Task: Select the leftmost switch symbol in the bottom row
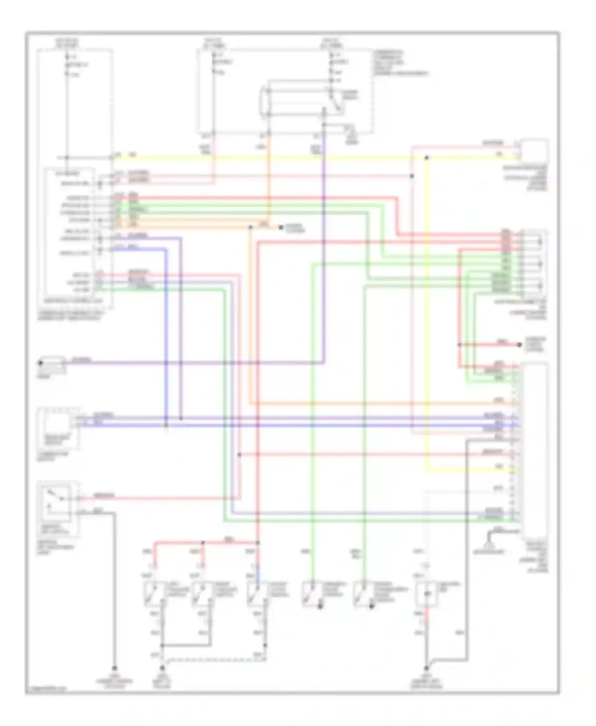(155, 594)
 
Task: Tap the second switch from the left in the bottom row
(203, 594)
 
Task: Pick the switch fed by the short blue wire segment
(256, 594)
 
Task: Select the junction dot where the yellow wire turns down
(426, 158)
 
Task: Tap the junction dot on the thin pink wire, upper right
(412, 176)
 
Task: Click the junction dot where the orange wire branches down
(250, 228)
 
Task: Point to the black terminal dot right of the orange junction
(281, 228)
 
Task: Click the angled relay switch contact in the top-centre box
(335, 101)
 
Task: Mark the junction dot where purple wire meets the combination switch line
(181, 418)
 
